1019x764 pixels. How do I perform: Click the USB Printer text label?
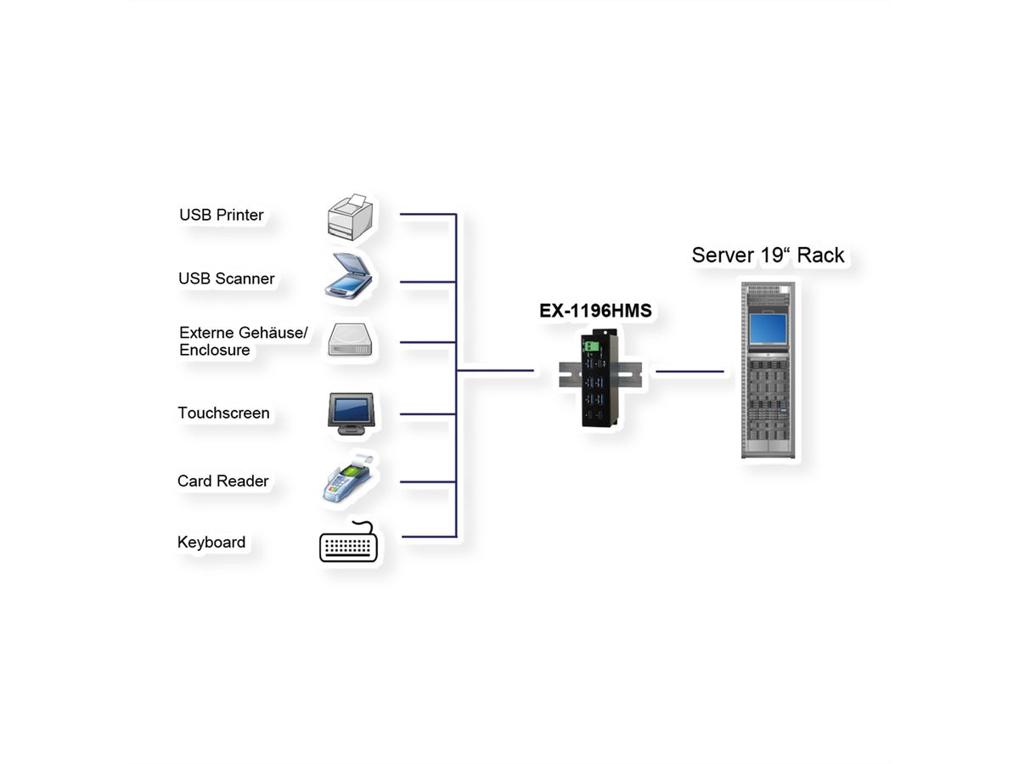point(221,215)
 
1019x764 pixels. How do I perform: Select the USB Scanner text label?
point(226,278)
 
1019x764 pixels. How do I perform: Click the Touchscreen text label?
point(223,413)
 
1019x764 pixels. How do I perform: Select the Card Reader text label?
point(222,481)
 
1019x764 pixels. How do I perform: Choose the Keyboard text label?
point(211,542)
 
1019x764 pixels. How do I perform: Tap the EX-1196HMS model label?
point(595,312)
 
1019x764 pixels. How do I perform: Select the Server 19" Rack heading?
point(768,255)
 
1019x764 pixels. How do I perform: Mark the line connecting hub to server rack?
point(690,371)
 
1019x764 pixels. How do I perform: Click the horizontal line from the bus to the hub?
point(496,371)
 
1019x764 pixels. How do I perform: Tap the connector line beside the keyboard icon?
point(427,536)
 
